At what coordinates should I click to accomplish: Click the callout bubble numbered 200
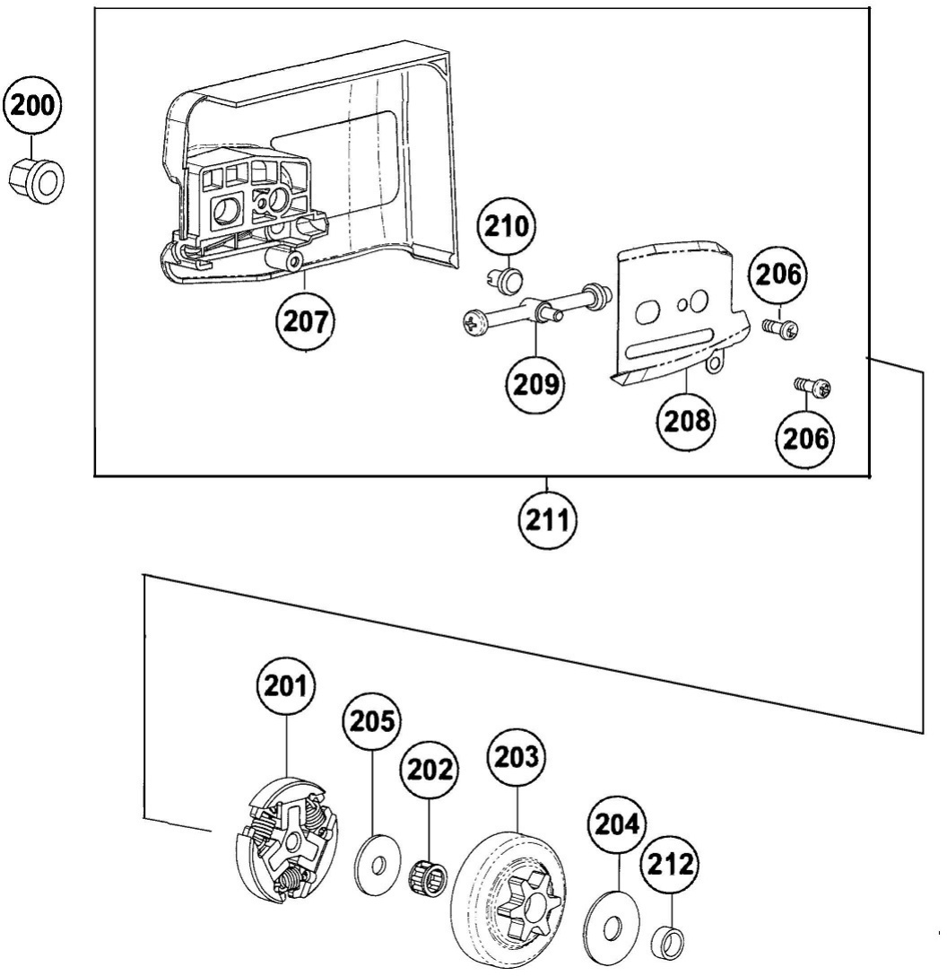click(32, 104)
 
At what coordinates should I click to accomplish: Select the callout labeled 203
click(518, 755)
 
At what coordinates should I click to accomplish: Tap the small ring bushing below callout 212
click(671, 942)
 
